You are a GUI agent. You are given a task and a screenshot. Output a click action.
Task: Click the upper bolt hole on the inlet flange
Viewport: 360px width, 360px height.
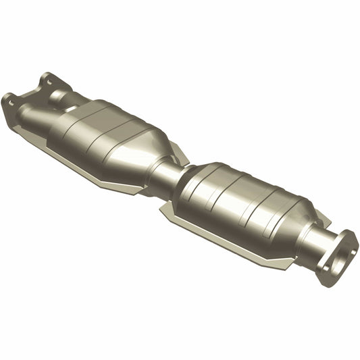tap(47, 80)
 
